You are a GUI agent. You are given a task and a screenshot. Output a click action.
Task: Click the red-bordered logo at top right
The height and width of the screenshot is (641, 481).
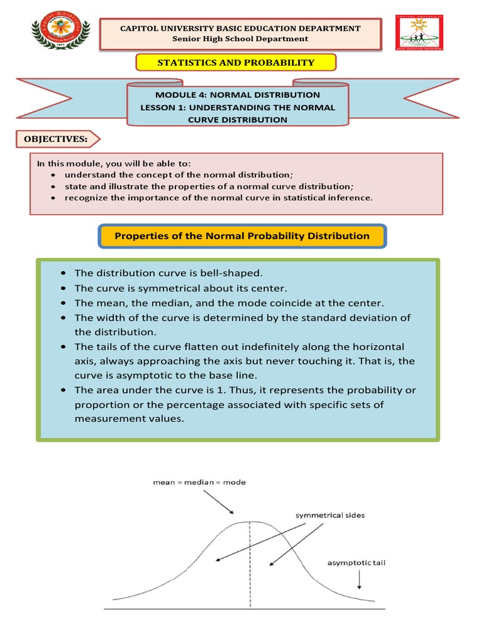pos(420,33)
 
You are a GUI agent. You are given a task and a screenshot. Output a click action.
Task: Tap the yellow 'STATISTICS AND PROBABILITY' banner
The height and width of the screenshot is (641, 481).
pos(236,63)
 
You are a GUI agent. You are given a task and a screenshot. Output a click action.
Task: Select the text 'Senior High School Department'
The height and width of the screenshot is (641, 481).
pos(240,39)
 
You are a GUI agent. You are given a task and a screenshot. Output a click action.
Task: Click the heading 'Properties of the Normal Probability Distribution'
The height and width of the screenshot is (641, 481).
pos(241,236)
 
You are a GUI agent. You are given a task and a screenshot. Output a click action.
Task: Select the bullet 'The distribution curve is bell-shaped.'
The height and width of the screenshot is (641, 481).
pos(168,273)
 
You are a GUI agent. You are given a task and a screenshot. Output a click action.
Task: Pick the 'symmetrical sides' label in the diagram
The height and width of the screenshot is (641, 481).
pos(330,515)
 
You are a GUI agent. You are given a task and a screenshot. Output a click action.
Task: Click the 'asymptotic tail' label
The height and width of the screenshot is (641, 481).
pos(356,563)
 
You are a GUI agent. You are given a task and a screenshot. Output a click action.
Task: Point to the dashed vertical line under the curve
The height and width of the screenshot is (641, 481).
pos(251,563)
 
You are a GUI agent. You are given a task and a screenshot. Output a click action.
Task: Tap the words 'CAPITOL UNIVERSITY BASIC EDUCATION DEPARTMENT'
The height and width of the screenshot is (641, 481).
pos(240,28)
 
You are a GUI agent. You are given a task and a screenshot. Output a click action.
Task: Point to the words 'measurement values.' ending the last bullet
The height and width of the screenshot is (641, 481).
pos(129,419)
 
